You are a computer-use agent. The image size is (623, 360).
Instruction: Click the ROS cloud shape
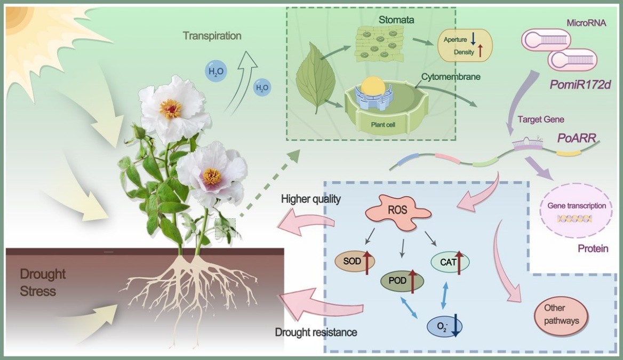click(x=398, y=211)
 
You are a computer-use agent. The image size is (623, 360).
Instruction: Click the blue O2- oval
click(x=444, y=325)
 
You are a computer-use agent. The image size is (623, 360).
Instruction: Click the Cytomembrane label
click(x=451, y=77)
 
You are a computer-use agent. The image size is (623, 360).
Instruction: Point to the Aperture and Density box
click(x=464, y=46)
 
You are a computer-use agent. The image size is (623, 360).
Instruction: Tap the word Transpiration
click(x=212, y=36)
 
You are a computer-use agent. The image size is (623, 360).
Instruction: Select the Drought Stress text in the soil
click(x=43, y=283)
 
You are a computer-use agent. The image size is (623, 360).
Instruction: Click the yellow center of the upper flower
click(x=171, y=108)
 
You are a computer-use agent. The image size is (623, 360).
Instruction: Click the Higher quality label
click(x=311, y=199)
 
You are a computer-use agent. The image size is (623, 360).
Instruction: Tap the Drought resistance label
click(x=316, y=332)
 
